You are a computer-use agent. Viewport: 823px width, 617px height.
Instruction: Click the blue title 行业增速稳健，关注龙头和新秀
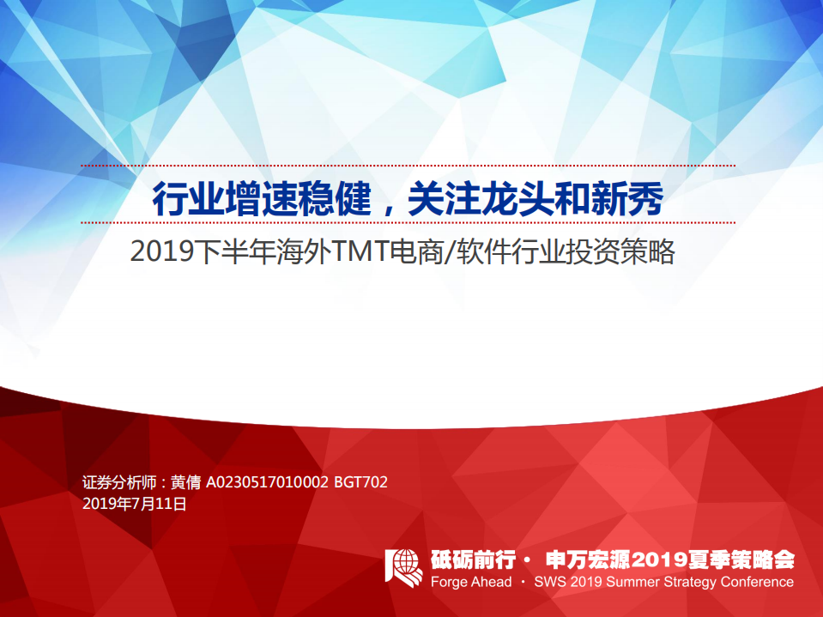coord(408,200)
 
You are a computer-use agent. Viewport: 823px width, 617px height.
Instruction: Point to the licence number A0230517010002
coord(267,483)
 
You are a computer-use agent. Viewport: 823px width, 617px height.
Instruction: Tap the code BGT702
coord(360,483)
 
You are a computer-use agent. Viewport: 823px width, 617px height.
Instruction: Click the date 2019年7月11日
coord(134,505)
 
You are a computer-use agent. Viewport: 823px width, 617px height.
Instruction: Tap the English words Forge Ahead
coord(470,582)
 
